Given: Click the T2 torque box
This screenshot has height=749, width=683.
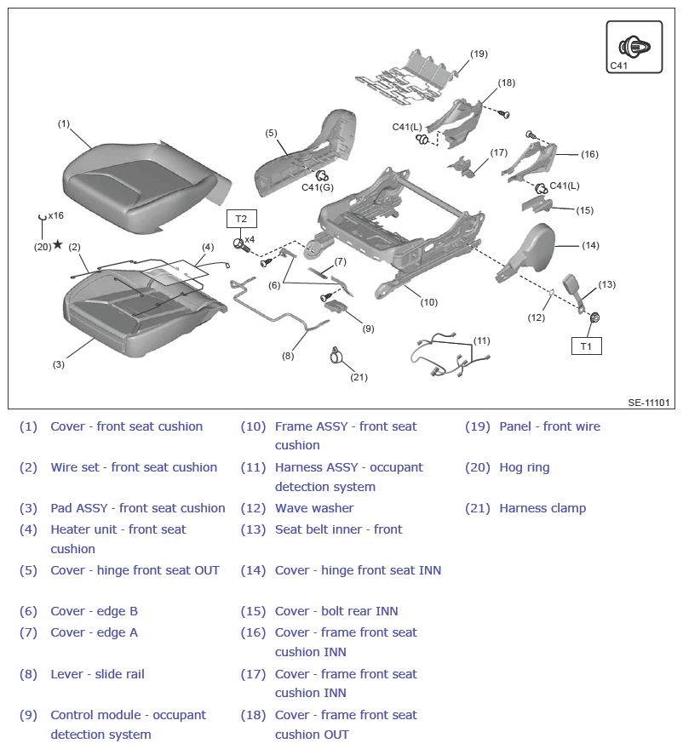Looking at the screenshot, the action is click(241, 219).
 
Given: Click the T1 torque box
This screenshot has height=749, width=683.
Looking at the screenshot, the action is click(587, 346).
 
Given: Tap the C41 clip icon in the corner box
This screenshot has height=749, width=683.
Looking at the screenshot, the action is click(634, 47).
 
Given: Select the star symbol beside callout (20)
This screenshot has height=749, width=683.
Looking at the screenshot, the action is click(58, 244).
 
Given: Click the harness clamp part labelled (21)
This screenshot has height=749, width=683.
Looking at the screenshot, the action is click(336, 356).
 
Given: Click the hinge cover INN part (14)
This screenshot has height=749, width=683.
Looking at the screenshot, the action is click(528, 252).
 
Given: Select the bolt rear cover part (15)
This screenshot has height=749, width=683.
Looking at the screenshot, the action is click(537, 203).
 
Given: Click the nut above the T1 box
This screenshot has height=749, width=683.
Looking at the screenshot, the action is click(594, 317).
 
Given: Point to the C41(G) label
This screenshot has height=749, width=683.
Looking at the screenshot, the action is click(318, 187).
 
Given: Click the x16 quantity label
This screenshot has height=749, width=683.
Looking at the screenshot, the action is click(56, 215).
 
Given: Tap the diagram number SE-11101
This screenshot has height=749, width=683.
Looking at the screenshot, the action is click(649, 403).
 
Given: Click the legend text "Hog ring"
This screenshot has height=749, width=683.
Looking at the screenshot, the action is click(525, 467).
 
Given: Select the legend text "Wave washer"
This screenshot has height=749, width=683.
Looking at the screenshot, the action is click(314, 508).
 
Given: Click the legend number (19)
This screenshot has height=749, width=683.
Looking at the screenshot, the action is click(478, 426).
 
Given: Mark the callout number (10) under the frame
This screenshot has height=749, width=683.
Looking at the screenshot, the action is click(428, 302).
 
